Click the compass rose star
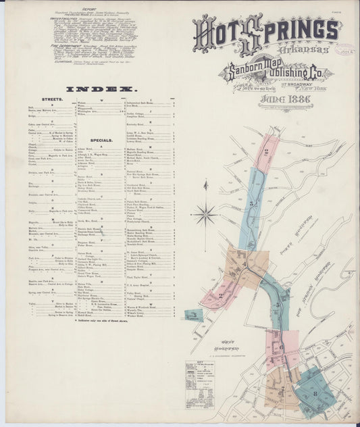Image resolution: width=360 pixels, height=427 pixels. pos(204,215)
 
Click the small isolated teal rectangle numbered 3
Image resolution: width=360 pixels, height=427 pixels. pos(194,314)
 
